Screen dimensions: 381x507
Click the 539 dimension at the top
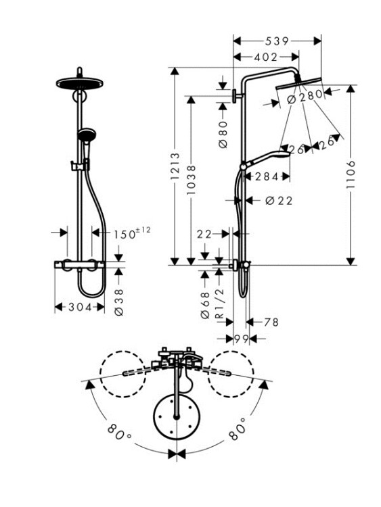[277, 41]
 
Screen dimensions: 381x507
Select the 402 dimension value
[266, 57]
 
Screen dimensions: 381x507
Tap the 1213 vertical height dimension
[175, 166]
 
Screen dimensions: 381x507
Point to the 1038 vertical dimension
[192, 180]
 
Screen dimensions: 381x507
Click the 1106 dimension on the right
[351, 174]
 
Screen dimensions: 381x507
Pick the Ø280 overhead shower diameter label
[305, 97]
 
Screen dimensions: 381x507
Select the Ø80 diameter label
[223, 135]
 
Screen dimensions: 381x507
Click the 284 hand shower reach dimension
[267, 177]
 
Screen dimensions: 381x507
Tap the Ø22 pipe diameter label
[279, 201]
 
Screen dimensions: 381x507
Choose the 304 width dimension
[81, 307]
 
